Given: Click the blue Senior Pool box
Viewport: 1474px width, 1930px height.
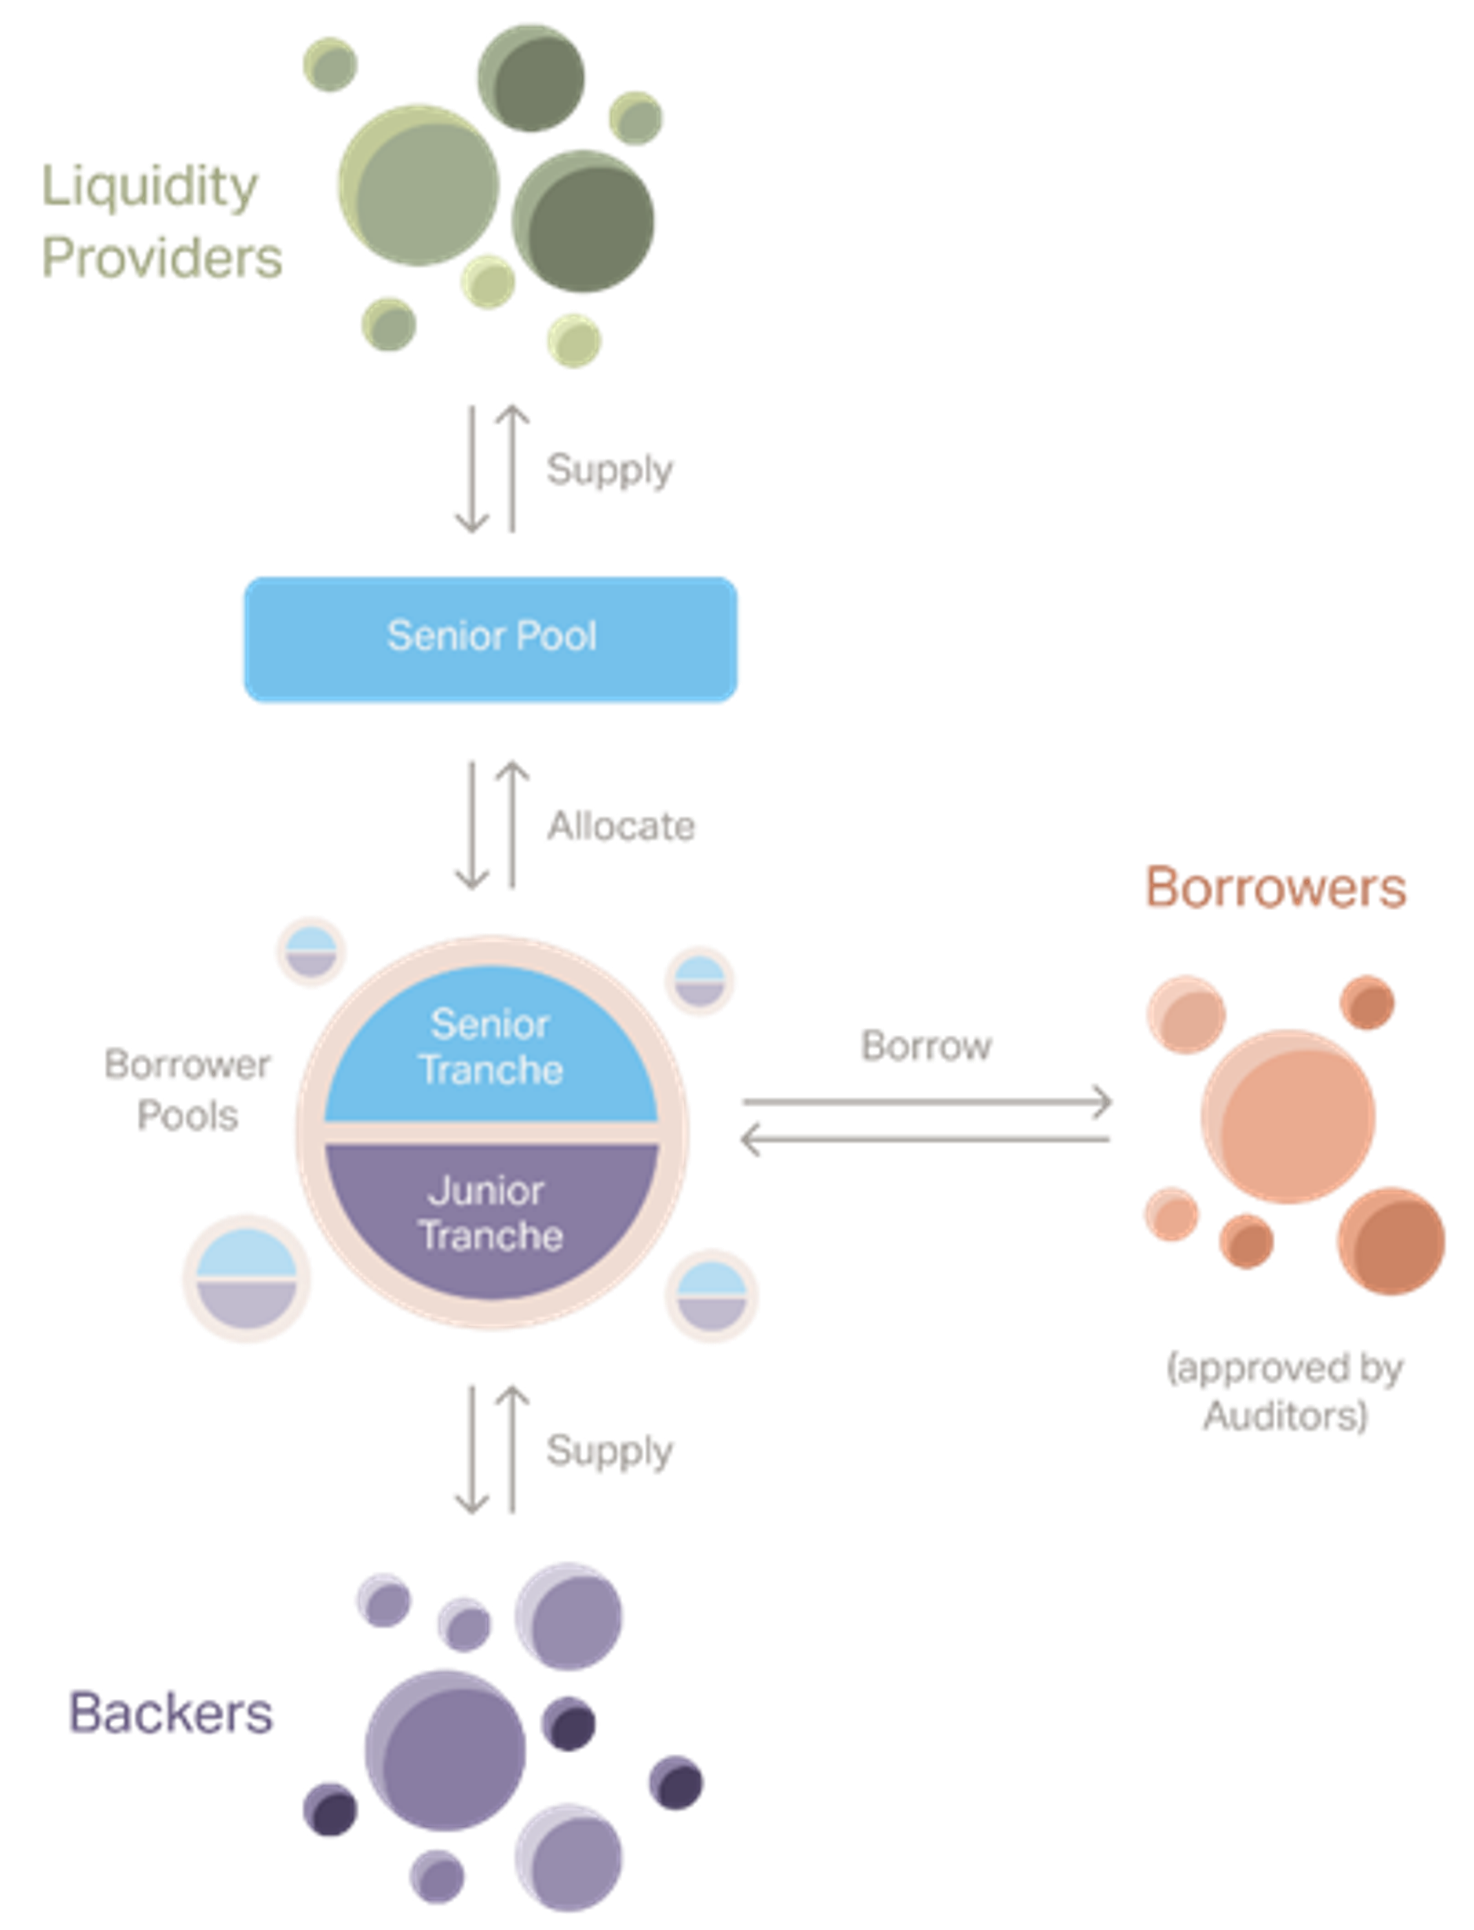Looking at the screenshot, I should (x=491, y=639).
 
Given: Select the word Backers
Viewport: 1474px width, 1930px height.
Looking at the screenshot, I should (x=171, y=1713).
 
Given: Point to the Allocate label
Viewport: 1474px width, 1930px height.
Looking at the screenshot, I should (x=621, y=826).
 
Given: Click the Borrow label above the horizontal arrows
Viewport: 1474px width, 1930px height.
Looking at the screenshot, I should (x=926, y=1046).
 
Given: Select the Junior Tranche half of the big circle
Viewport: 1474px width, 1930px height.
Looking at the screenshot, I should (x=491, y=1215).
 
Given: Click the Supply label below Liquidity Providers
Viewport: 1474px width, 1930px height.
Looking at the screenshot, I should (x=610, y=469).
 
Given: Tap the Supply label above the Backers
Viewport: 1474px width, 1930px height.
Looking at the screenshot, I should (x=610, y=1450).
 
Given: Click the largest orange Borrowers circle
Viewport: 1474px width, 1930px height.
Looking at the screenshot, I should (x=1287, y=1116).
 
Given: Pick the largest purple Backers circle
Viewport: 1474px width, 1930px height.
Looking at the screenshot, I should (x=444, y=1750).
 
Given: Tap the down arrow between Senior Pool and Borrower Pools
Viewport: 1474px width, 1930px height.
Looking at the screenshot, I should (x=471, y=824).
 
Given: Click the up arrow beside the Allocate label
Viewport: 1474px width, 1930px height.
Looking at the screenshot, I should (x=511, y=824).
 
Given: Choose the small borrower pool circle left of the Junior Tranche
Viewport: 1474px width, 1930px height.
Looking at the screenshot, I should (x=246, y=1279).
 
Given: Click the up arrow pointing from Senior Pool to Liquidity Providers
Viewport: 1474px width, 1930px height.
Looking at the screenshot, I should (x=511, y=468).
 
